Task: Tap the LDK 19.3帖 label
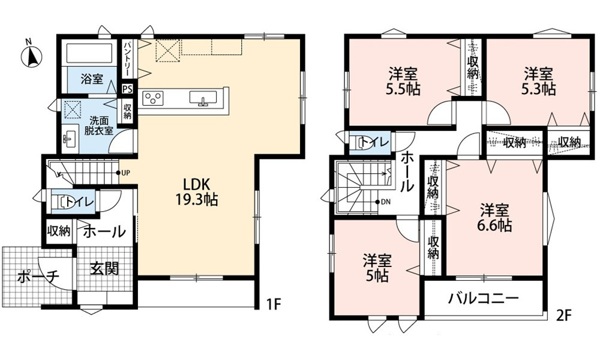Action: tap(196, 193)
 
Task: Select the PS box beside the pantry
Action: tap(127, 89)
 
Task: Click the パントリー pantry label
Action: tap(127, 59)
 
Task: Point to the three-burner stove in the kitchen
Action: tap(152, 98)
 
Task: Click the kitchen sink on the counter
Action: tap(203, 98)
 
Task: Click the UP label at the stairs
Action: tap(126, 173)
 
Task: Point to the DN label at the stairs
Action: tap(385, 202)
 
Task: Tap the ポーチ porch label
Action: tap(37, 276)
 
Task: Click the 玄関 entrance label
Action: tap(104, 268)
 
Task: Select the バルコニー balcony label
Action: tap(484, 298)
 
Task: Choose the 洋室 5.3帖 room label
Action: tap(538, 81)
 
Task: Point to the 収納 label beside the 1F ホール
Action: tap(59, 231)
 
